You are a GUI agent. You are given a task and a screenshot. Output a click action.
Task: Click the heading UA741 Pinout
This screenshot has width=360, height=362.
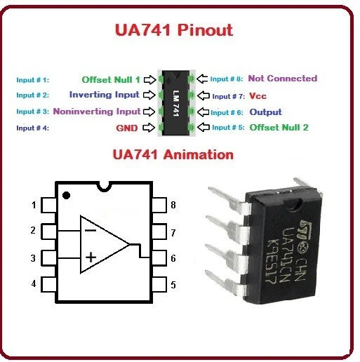click(x=173, y=31)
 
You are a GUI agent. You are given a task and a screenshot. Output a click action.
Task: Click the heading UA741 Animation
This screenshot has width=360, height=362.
click(x=173, y=154)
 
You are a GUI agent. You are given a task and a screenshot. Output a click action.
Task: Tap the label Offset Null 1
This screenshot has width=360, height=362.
click(x=111, y=79)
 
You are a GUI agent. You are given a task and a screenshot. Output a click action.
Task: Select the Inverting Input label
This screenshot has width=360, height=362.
click(x=105, y=95)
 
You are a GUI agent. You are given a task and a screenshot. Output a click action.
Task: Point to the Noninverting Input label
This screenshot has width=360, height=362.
click(x=96, y=111)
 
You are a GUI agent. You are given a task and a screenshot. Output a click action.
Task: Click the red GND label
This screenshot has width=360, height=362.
click(x=126, y=128)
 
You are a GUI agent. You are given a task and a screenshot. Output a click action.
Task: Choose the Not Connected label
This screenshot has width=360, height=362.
click(x=282, y=79)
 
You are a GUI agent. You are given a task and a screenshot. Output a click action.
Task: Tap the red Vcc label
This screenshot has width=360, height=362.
click(x=258, y=95)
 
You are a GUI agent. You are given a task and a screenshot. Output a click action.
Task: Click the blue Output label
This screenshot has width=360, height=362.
click(x=265, y=112)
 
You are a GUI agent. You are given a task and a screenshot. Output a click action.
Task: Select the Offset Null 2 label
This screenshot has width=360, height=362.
click(x=279, y=128)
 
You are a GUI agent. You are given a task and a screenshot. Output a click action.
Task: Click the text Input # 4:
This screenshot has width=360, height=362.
click(x=32, y=128)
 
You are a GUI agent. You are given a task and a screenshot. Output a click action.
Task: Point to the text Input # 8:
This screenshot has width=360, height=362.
click(x=226, y=79)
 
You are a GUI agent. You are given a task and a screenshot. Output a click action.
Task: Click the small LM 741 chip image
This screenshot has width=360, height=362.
click(x=178, y=103)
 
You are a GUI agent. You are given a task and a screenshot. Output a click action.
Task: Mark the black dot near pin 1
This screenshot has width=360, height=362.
click(x=66, y=194)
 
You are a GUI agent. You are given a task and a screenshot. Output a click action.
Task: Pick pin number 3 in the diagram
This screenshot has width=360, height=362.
click(x=33, y=259)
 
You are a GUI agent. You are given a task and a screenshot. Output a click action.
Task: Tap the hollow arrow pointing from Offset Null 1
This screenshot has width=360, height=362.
click(x=149, y=79)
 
